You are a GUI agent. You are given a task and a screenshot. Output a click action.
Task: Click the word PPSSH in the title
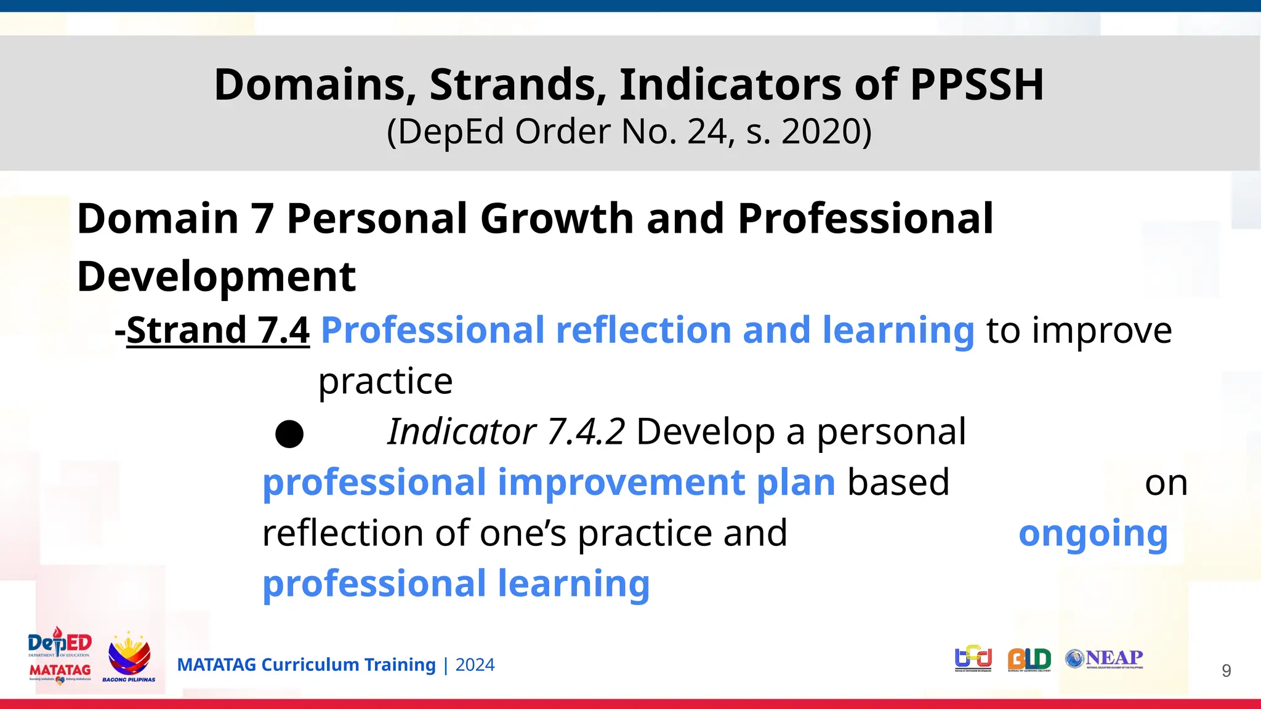pyautogui.click(x=977, y=85)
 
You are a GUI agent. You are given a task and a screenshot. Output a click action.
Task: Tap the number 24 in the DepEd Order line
pyautogui.click(x=707, y=132)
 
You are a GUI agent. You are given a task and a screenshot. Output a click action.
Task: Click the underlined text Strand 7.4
pyautogui.click(x=218, y=330)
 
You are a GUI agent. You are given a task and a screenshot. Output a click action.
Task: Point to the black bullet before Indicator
pyautogui.click(x=289, y=434)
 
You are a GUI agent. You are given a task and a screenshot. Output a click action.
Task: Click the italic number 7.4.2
pyautogui.click(x=586, y=431)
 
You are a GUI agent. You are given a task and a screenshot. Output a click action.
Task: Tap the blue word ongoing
pyautogui.click(x=1093, y=534)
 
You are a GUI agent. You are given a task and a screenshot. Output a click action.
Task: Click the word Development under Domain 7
pyautogui.click(x=216, y=276)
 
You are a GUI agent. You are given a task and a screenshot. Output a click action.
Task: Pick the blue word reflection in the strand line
pyautogui.click(x=643, y=330)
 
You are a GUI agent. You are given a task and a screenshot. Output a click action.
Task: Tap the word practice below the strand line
pyautogui.click(x=385, y=382)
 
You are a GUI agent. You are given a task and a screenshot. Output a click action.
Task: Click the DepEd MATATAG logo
pyautogui.click(x=60, y=656)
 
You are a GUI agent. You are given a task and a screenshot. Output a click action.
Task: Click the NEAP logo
pyautogui.click(x=1105, y=659)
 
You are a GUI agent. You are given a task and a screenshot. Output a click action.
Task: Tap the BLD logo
pyautogui.click(x=1029, y=659)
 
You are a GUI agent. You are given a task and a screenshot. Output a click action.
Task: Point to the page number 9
pyautogui.click(x=1226, y=670)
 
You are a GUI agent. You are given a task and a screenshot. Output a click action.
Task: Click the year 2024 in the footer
pyautogui.click(x=475, y=665)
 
